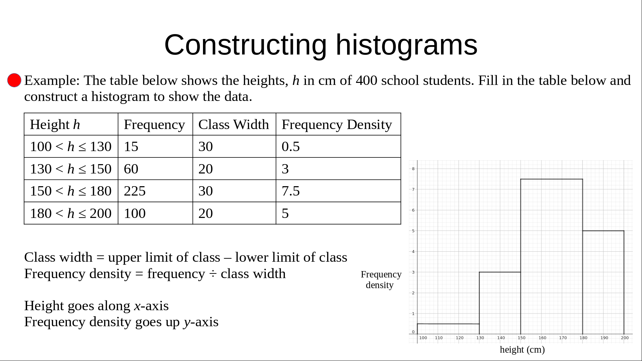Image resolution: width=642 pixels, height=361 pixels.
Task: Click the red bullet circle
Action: pyautogui.click(x=14, y=80)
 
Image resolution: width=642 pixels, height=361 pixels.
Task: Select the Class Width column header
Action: pyautogui.click(x=233, y=124)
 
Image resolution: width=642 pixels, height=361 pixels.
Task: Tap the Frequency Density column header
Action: pyautogui.click(x=337, y=125)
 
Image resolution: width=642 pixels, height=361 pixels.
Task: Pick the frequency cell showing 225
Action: pyautogui.click(x=135, y=191)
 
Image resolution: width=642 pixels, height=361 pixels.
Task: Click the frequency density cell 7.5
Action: pyautogui.click(x=291, y=191)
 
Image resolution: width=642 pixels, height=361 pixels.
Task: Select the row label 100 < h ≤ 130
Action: pyautogui.click(x=71, y=146)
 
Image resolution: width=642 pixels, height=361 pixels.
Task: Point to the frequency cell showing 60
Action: pyautogui.click(x=131, y=169)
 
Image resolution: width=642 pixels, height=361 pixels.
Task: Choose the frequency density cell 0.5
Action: pyautogui.click(x=291, y=146)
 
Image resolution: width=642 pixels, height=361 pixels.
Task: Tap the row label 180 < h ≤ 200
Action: pyautogui.click(x=71, y=213)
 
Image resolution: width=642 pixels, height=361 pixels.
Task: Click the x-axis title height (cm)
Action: pyautogui.click(x=522, y=350)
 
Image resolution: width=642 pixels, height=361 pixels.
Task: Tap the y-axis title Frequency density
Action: pyautogui.click(x=381, y=280)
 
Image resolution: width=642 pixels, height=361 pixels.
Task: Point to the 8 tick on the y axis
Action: pyautogui.click(x=413, y=169)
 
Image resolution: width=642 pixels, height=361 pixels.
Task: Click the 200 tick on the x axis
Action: pyautogui.click(x=625, y=338)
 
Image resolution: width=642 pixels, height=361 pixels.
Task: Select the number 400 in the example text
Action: pyautogui.click(x=366, y=80)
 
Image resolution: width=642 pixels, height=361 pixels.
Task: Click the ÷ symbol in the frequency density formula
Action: pyautogui.click(x=213, y=274)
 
